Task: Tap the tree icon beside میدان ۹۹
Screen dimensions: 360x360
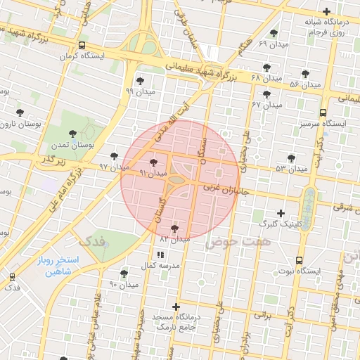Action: coord(140,81)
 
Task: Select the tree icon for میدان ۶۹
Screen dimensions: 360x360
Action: coord(274,34)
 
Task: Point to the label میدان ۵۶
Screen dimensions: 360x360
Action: coord(304,84)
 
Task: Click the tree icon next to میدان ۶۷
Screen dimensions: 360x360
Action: coord(266,95)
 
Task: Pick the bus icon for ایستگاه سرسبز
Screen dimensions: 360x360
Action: coord(322,112)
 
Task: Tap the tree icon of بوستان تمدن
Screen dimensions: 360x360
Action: coord(72,134)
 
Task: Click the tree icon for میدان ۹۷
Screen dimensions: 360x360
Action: coord(115,157)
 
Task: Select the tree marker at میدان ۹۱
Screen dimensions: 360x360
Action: coord(153,162)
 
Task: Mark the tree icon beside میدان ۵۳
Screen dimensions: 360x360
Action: coord(291,159)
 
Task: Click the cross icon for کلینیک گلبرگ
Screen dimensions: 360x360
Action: coord(281,213)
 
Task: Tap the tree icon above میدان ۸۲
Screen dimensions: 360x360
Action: coord(174,229)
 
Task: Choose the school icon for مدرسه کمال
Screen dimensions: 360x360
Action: coord(160,255)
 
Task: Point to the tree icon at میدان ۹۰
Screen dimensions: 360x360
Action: coord(124,274)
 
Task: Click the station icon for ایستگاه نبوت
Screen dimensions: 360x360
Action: coord(300,260)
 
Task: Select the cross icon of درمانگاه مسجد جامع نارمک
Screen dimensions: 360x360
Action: coord(176,307)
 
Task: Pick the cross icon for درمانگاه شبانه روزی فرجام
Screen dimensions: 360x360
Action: coord(326,12)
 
